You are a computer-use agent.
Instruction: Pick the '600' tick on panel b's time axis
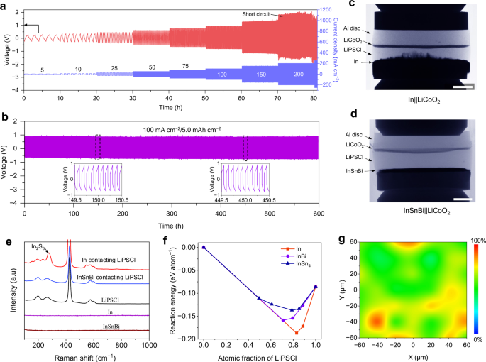319,212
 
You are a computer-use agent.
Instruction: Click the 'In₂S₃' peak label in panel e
33,246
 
